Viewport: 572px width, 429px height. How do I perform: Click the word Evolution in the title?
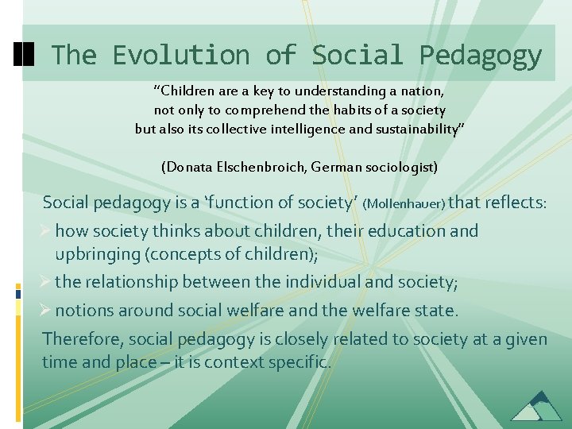click(x=180, y=55)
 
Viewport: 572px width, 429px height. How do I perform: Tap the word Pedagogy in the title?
click(x=481, y=55)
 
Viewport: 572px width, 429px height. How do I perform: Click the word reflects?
click(x=512, y=203)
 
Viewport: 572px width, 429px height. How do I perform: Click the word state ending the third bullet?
click(x=437, y=309)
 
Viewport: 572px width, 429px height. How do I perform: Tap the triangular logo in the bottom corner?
click(x=536, y=406)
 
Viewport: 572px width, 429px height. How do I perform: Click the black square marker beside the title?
click(x=24, y=54)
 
